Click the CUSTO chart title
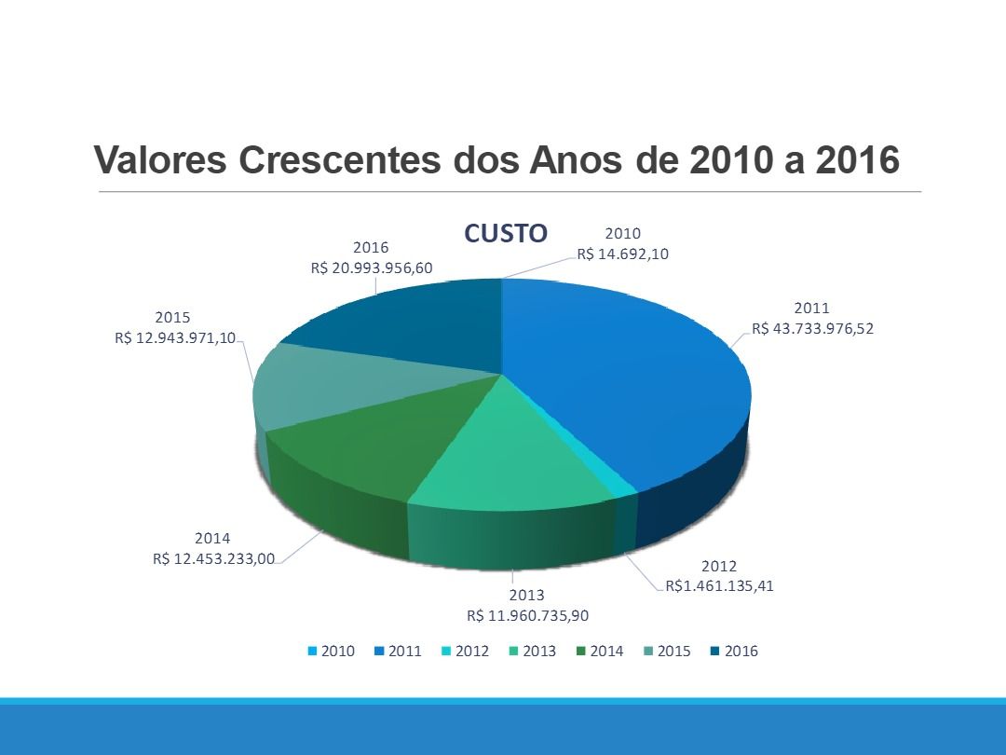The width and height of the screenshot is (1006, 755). [506, 233]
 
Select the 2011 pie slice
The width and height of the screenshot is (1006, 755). [633, 373]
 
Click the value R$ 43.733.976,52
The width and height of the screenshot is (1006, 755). [812, 328]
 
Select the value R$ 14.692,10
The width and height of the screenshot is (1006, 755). [623, 254]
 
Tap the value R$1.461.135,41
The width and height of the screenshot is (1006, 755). [719, 586]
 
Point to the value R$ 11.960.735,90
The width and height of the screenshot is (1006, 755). [527, 615]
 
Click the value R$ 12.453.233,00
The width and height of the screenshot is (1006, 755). [213, 558]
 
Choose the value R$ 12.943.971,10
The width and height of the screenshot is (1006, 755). [175, 337]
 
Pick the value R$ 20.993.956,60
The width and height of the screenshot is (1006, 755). [371, 268]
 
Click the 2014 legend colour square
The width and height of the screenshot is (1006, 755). [581, 652]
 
